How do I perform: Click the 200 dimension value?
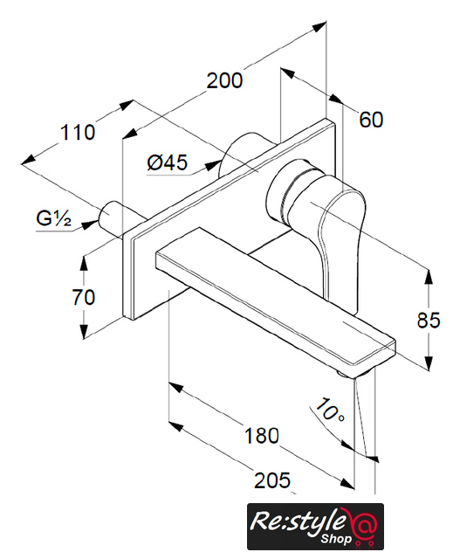(x=224, y=81)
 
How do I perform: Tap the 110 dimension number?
(x=78, y=132)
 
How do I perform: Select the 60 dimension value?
(x=371, y=120)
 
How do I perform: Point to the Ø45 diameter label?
(x=167, y=162)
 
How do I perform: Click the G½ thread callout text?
(x=54, y=218)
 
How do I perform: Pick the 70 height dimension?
(x=84, y=297)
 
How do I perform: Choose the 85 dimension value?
(x=429, y=320)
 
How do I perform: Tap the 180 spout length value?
(x=262, y=436)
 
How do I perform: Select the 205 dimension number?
(x=272, y=480)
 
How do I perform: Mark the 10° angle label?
(x=330, y=411)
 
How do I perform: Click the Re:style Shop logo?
(x=315, y=526)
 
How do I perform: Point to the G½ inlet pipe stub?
(x=113, y=218)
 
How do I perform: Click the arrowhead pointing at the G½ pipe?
(x=90, y=224)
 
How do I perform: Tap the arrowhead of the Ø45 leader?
(x=213, y=165)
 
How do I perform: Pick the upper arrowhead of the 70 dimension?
(x=84, y=263)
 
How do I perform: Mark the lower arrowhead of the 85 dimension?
(x=429, y=363)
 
